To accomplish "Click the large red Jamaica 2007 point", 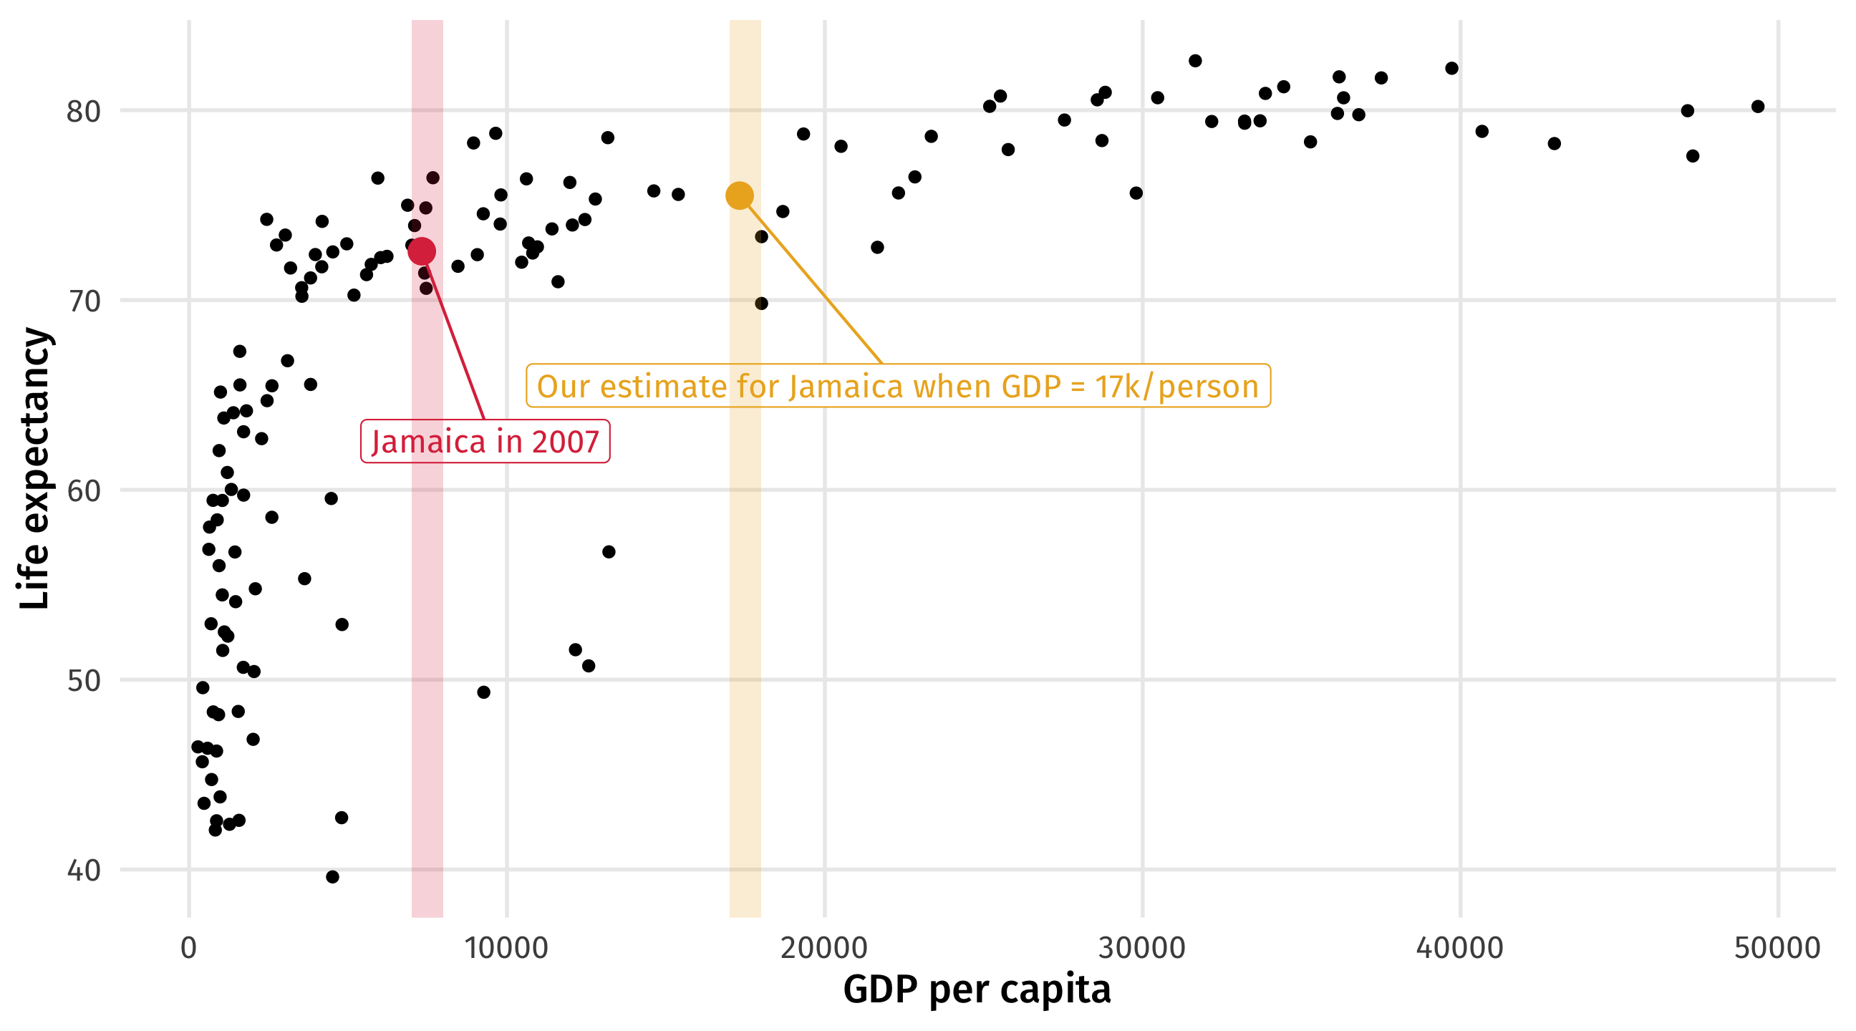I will click(422, 251).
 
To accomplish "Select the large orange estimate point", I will click(740, 195).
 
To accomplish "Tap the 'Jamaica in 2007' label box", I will click(485, 442).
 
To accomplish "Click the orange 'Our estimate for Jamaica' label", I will click(898, 387).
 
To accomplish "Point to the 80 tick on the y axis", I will click(84, 112).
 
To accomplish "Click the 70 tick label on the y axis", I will click(84, 302).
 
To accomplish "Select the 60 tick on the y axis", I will click(84, 491).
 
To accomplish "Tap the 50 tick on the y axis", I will click(84, 681).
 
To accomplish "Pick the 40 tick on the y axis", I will click(84, 871).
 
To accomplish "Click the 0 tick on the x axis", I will click(189, 948).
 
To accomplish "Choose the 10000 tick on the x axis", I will click(506, 948).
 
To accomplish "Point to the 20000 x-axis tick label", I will click(824, 948).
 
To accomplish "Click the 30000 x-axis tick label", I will click(1142, 948).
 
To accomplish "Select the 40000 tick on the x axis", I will click(1460, 948).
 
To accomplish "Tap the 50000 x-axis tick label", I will click(1777, 948).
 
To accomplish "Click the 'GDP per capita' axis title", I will click(977, 989).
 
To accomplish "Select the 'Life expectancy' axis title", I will click(34, 468).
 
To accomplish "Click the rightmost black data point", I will click(1758, 107).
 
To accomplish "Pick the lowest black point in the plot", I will click(332, 877).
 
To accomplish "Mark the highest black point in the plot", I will click(1195, 62).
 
